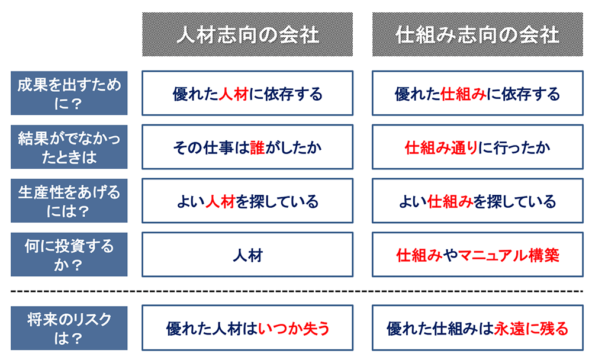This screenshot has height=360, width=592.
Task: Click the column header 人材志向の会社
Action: pos(247,34)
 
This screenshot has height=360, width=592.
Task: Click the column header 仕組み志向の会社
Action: pos(478,34)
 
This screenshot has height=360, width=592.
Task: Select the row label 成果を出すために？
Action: pos(69,93)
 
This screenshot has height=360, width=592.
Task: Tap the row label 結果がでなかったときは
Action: pos(69,147)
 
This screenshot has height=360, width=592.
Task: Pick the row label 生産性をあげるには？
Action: pos(69,201)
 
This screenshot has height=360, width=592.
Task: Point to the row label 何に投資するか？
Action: pos(69,255)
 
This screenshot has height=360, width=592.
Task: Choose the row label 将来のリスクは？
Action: pos(69,328)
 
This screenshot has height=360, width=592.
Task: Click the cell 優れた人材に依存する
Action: pos(247,93)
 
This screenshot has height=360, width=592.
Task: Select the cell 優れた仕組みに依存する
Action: pos(478,93)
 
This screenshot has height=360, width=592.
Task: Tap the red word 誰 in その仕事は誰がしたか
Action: pos(257,147)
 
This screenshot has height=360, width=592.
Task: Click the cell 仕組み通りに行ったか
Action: pos(478,147)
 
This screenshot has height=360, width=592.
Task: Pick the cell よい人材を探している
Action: pos(247,201)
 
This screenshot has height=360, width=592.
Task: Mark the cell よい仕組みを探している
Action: pos(478,201)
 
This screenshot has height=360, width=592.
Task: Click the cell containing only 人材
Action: pos(247,255)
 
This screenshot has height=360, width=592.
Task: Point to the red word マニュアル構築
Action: pos(509,255)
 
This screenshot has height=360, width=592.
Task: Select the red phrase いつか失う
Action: pos(294,329)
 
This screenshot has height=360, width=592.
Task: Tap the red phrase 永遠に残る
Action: pos(531,329)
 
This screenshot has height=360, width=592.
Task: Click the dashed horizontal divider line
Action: pos(297,291)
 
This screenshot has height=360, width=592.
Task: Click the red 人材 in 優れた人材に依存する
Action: pos(233,94)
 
